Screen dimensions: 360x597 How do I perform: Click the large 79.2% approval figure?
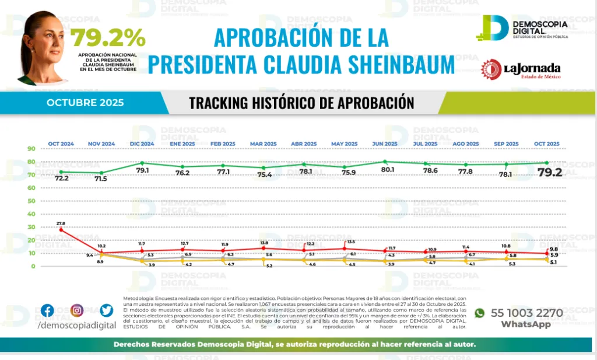(108, 38)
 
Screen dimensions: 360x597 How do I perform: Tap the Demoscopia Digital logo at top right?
(519, 27)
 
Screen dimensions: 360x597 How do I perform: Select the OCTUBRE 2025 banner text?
(85, 103)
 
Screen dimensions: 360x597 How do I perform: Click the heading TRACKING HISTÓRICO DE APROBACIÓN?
(301, 103)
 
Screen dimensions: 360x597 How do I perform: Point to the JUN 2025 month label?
(384, 144)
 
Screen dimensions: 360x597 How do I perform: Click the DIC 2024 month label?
(142, 144)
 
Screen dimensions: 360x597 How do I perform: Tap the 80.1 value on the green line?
(387, 170)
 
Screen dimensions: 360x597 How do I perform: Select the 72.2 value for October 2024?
(62, 178)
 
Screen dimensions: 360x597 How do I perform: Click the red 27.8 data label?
(61, 223)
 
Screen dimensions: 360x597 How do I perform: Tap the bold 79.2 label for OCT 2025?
(549, 173)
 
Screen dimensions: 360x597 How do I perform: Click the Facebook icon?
(47, 311)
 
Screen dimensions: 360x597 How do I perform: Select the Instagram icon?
(77, 311)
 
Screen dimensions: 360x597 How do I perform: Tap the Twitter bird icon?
(106, 311)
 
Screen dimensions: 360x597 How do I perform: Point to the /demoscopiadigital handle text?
(76, 325)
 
